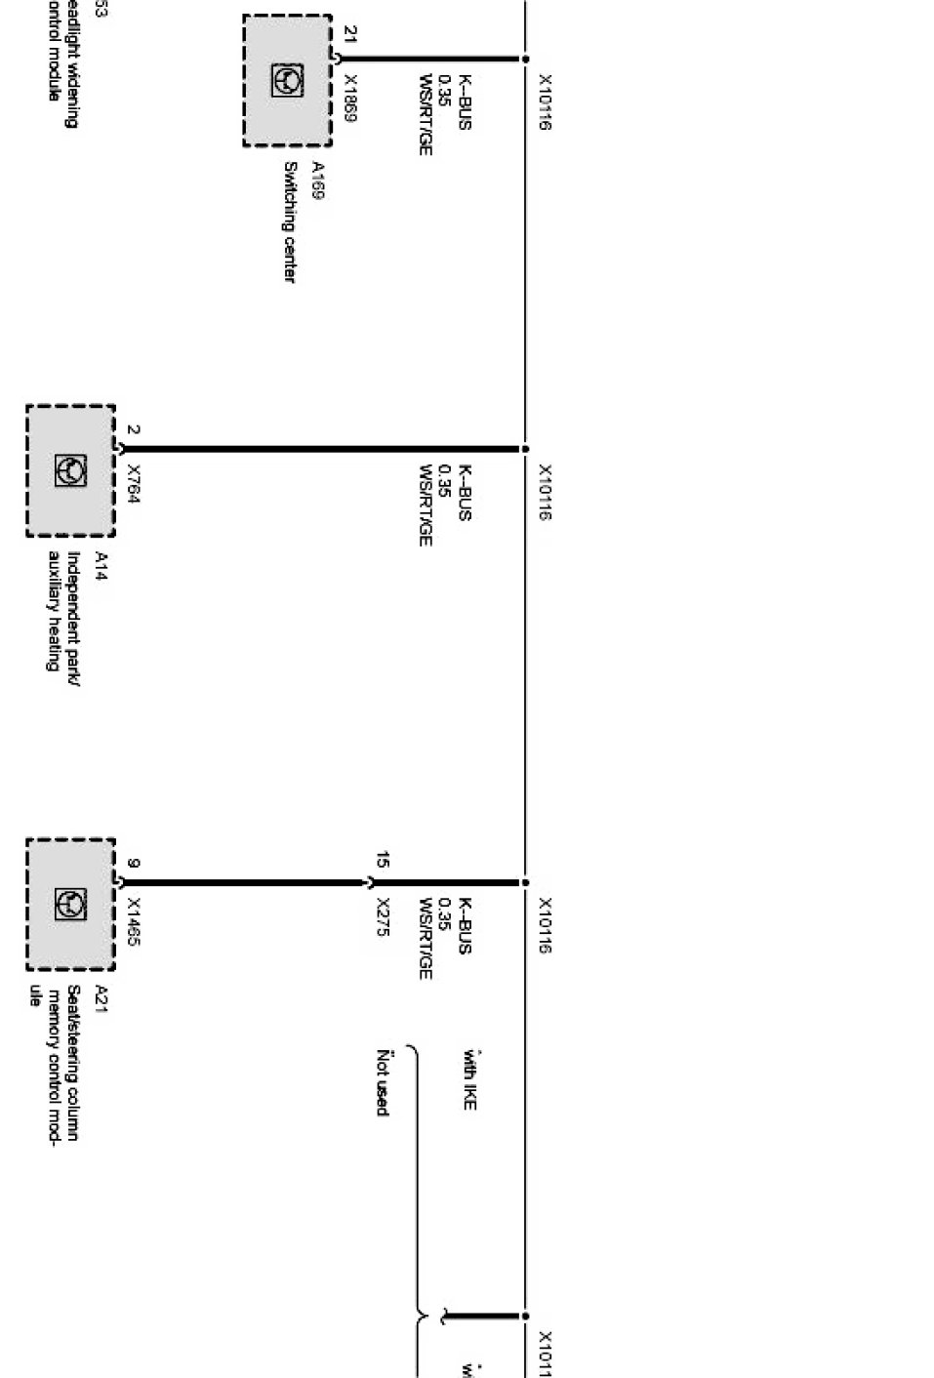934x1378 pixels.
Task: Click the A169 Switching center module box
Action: coord(287,81)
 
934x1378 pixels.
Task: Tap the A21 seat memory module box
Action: coord(70,905)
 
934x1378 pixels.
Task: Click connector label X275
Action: coord(384,917)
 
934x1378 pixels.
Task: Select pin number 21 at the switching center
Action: coord(350,35)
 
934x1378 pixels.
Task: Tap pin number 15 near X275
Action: coord(384,861)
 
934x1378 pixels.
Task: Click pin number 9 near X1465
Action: coord(134,863)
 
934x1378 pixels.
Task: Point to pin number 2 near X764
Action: coord(134,429)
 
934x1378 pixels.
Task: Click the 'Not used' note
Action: coord(384,1082)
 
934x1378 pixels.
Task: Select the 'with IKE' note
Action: coord(469,1079)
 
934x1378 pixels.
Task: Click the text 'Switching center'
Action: coord(289,223)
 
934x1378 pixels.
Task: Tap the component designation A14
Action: coord(101,565)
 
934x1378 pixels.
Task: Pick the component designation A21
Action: coord(101,998)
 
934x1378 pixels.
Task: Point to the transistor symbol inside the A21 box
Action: coord(70,905)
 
